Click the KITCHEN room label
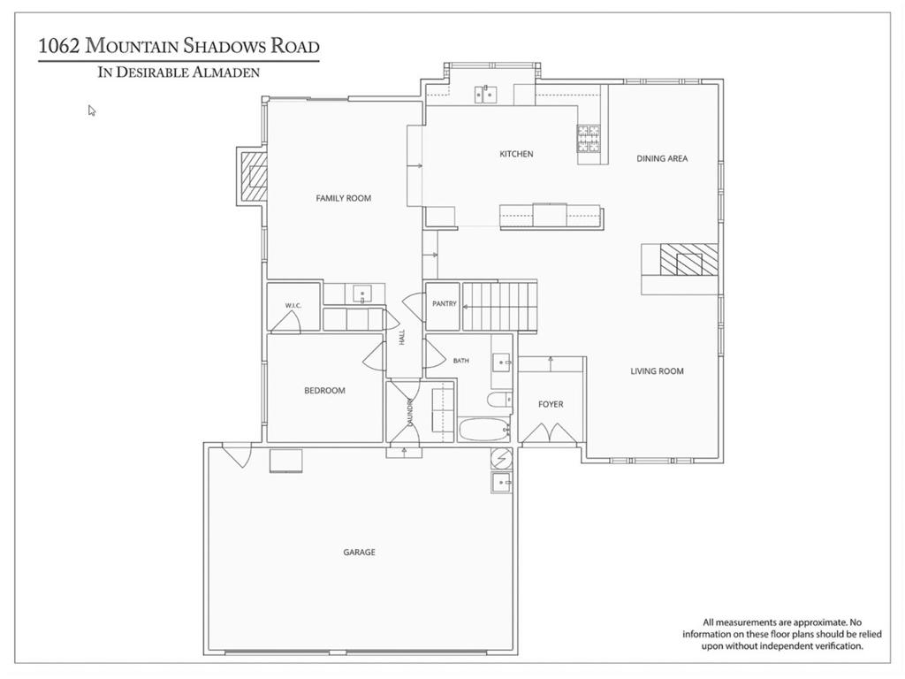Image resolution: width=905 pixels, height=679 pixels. pyautogui.click(x=516, y=154)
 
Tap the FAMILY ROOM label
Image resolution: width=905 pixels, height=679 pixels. pyautogui.click(x=344, y=198)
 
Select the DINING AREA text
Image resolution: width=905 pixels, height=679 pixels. pyautogui.click(x=662, y=158)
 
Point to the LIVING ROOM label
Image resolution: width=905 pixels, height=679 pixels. pyautogui.click(x=657, y=371)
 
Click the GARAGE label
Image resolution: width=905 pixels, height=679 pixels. pyautogui.click(x=359, y=553)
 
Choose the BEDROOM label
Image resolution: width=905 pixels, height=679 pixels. pyautogui.click(x=324, y=391)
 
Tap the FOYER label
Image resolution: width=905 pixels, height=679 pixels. pyautogui.click(x=551, y=405)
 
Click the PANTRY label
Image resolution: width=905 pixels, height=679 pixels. pyautogui.click(x=445, y=304)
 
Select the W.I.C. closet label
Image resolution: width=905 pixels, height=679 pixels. pyautogui.click(x=293, y=305)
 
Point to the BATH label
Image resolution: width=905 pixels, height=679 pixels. pyautogui.click(x=460, y=361)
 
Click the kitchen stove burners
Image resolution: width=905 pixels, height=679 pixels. pyautogui.click(x=589, y=139)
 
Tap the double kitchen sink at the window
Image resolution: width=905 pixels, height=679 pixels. pyautogui.click(x=486, y=94)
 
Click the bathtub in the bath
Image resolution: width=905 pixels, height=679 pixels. pyautogui.click(x=483, y=430)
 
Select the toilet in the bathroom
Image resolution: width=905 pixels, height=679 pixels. pyautogui.click(x=499, y=400)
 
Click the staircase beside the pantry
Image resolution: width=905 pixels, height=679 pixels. pyautogui.click(x=500, y=306)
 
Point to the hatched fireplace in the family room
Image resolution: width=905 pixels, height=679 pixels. pyautogui.click(x=254, y=176)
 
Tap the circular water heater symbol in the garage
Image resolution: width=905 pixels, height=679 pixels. pyautogui.click(x=501, y=459)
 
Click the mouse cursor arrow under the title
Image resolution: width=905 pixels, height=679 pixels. pyautogui.click(x=92, y=111)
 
